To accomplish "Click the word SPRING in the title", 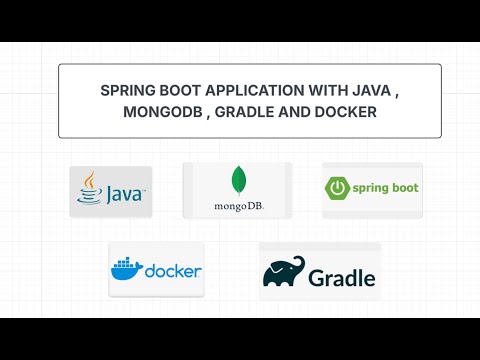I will pyautogui.click(x=127, y=90).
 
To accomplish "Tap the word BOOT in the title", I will pyautogui.click(x=178, y=90).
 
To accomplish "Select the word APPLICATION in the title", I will pyautogui.click(x=249, y=90).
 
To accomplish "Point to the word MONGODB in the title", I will pyautogui.click(x=159, y=113).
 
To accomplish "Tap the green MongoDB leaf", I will pyautogui.click(x=238, y=180).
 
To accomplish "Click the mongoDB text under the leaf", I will pyautogui.click(x=238, y=207).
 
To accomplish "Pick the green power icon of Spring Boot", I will pyautogui.click(x=337, y=187).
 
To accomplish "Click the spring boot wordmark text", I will pyautogui.click(x=383, y=187).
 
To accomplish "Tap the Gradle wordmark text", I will pyautogui.click(x=341, y=277).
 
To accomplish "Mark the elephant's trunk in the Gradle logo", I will pyautogui.click(x=269, y=276).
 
